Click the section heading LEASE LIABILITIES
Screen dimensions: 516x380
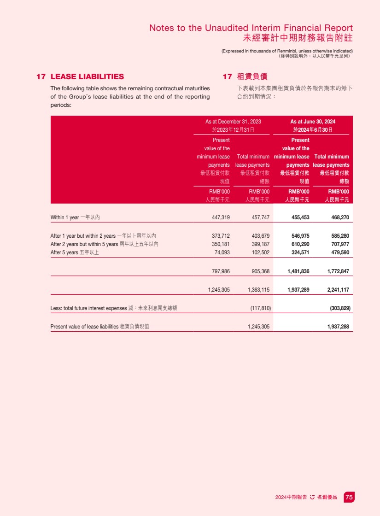87,76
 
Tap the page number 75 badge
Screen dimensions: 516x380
349,497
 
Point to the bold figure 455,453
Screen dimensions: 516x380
298,217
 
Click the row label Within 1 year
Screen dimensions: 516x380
64,217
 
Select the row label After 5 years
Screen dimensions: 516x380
64,252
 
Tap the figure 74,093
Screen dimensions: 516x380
222,252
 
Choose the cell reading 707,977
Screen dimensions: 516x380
340,244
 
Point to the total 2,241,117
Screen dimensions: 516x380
338,290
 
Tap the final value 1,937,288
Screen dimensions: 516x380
338,327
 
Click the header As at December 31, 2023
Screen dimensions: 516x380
233,122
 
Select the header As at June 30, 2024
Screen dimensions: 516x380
313,122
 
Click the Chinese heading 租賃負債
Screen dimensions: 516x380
252,76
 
